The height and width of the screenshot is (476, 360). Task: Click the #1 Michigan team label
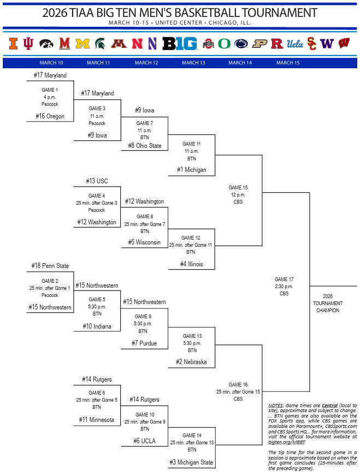coord(191,170)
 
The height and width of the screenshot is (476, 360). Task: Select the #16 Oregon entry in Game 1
coord(50,116)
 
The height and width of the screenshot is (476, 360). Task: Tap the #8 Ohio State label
coord(145,146)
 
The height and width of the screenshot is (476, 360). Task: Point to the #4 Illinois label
coord(191,264)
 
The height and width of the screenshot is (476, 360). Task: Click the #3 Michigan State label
coord(191,462)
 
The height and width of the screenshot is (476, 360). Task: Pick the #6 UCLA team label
coord(145,441)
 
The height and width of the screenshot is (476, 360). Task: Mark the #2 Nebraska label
coord(191,362)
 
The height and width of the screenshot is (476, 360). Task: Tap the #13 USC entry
coord(97,181)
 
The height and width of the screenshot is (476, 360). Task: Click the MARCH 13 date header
coord(193,63)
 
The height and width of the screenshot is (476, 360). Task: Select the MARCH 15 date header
coord(288,63)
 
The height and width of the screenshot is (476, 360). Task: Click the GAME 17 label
coord(284,279)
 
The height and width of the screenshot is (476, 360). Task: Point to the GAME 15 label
coord(238,187)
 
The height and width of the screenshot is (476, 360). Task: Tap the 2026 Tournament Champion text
coord(328,304)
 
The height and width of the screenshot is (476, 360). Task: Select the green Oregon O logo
coord(224,44)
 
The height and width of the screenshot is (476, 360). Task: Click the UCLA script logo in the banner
coord(295,44)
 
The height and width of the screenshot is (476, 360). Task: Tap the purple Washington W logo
coord(327,44)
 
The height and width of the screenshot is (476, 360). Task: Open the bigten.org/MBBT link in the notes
coord(287,442)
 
